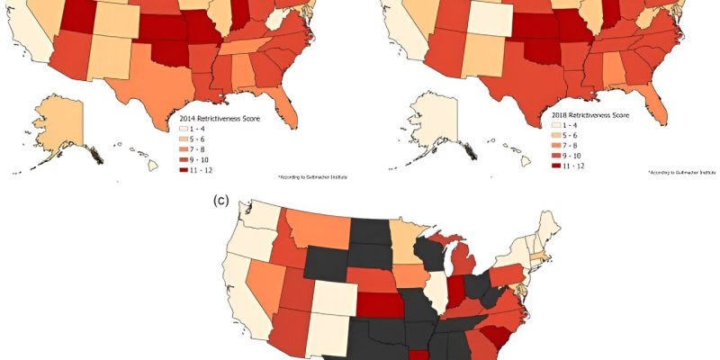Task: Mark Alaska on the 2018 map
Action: pyautogui.click(x=428, y=126)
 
